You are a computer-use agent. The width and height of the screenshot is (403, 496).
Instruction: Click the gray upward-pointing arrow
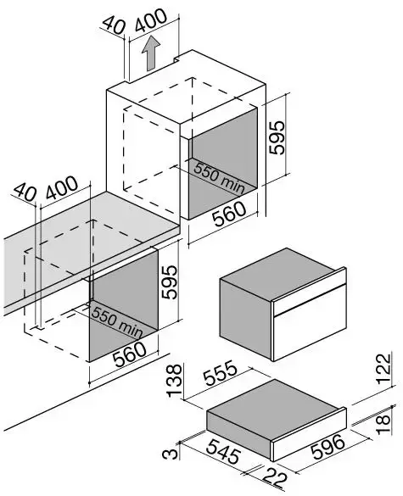point(151,53)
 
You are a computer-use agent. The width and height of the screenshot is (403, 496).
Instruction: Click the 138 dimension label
point(175,381)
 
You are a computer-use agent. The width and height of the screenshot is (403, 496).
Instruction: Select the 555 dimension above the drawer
point(220,373)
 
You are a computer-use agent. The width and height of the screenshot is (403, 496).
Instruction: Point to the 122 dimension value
point(384,369)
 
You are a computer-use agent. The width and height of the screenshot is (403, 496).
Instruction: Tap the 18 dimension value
point(383,420)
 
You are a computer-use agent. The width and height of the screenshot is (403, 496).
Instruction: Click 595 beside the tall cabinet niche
point(277,137)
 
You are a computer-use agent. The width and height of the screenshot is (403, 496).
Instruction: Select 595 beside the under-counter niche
point(169,282)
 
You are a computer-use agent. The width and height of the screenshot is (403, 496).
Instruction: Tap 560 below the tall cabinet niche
point(229,214)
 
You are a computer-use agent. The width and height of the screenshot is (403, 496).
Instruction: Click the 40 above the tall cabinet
point(115,25)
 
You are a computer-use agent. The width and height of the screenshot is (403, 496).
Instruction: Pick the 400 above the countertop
point(62,187)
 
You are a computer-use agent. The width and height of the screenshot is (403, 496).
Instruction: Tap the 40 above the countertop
point(25,192)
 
